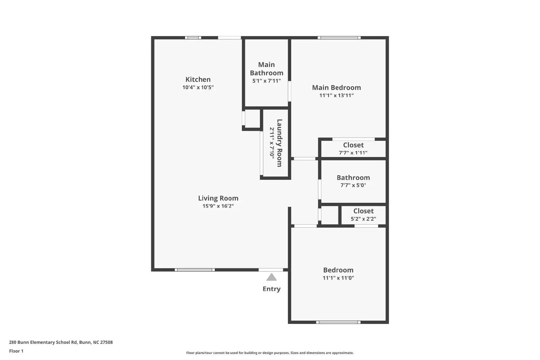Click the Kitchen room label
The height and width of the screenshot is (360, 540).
pyautogui.click(x=198, y=79)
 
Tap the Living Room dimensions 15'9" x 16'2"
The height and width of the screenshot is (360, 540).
pyautogui.click(x=218, y=206)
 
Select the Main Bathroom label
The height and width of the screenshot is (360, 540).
pyautogui.click(x=266, y=69)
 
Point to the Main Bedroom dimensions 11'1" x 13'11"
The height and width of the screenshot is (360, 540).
pyautogui.click(x=336, y=95)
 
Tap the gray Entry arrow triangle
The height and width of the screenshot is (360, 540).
pyautogui.click(x=271, y=277)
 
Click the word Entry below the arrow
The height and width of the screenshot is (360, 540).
pyautogui.click(x=271, y=289)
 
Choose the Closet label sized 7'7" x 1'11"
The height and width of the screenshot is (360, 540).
pyautogui.click(x=353, y=145)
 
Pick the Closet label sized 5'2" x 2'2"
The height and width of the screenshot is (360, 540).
pyautogui.click(x=363, y=211)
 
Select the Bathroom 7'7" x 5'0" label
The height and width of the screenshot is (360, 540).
pyautogui.click(x=353, y=178)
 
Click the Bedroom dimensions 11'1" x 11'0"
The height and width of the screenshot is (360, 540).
pyautogui.click(x=338, y=278)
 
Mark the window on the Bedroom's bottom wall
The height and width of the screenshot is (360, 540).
pyautogui.click(x=338, y=322)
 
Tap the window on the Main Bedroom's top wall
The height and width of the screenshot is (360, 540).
pyautogui.click(x=339, y=38)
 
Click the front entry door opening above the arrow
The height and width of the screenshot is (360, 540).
pyautogui.click(x=271, y=270)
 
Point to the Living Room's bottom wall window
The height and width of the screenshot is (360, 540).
pyautogui.click(x=195, y=270)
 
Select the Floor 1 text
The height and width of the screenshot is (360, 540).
pyautogui.click(x=16, y=351)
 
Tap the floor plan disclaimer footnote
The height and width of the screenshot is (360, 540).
pyautogui.click(x=270, y=353)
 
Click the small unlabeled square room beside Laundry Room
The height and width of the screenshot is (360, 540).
pyautogui.click(x=252, y=118)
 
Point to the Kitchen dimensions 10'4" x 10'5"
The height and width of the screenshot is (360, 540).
pyautogui.click(x=198, y=87)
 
